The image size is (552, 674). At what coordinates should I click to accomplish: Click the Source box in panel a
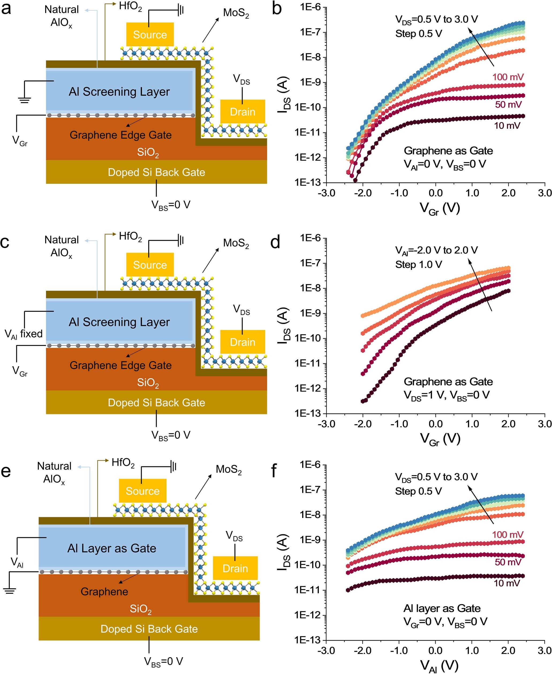click(150, 34)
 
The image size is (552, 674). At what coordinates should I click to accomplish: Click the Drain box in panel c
click(242, 342)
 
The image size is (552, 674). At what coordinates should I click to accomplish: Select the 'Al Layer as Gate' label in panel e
click(112, 548)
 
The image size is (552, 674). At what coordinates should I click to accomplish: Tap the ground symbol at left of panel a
click(24, 100)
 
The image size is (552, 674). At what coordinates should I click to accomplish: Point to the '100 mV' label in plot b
click(508, 77)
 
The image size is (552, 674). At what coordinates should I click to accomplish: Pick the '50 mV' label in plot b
click(508, 104)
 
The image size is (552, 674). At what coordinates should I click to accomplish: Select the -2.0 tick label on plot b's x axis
click(363, 193)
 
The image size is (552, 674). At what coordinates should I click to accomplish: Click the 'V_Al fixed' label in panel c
click(24, 334)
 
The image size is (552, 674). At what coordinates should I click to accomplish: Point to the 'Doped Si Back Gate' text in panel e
click(149, 629)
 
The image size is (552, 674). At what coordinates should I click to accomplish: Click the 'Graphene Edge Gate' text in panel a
click(120, 135)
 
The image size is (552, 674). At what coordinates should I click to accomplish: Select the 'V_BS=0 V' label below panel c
click(171, 435)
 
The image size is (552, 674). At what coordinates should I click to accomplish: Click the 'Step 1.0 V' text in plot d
click(418, 264)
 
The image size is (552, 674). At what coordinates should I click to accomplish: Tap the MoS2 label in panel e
click(229, 469)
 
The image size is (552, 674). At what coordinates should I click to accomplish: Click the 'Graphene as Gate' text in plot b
click(448, 150)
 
